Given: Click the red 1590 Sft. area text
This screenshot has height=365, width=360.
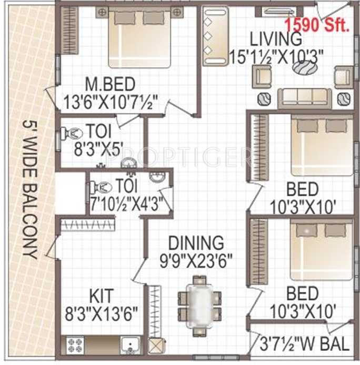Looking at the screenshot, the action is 317,25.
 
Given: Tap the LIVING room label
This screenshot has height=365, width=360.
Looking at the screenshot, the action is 276,39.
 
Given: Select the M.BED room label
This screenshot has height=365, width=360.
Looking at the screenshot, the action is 110,84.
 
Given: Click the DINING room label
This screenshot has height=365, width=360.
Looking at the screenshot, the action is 196,242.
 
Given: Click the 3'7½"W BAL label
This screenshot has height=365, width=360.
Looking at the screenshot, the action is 304,344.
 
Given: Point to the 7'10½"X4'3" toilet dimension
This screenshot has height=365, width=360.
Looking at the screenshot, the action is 127,204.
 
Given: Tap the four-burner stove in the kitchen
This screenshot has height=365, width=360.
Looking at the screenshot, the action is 75,344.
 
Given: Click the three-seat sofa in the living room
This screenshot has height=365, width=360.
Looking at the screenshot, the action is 304,98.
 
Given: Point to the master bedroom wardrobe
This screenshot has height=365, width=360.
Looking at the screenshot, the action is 69,31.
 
